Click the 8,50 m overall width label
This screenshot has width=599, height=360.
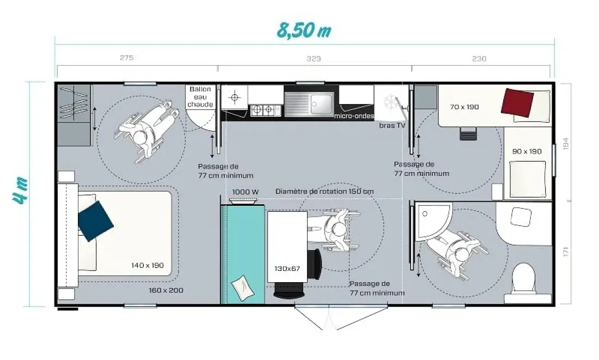(x=304, y=30)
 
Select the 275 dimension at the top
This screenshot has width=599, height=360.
(x=126, y=58)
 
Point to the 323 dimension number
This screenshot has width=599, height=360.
(x=314, y=58)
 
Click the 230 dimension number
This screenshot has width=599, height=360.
(x=479, y=58)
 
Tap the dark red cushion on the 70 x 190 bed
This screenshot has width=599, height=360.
(x=517, y=102)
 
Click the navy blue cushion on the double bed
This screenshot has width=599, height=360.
(x=95, y=221)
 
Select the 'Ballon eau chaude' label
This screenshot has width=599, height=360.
(x=200, y=97)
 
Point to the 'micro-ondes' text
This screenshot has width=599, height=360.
(x=354, y=116)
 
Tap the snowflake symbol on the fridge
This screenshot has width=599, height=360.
(x=390, y=101)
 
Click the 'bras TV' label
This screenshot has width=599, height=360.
(x=392, y=125)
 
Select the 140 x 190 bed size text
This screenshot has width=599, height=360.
(x=148, y=265)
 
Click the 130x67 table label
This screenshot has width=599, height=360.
(x=288, y=269)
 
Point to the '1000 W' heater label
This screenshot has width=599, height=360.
(x=245, y=192)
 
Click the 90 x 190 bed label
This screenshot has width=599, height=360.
(x=527, y=151)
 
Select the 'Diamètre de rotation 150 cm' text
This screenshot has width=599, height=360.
(x=325, y=191)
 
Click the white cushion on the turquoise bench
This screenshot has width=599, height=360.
(x=242, y=288)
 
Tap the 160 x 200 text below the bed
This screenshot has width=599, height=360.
(x=166, y=290)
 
